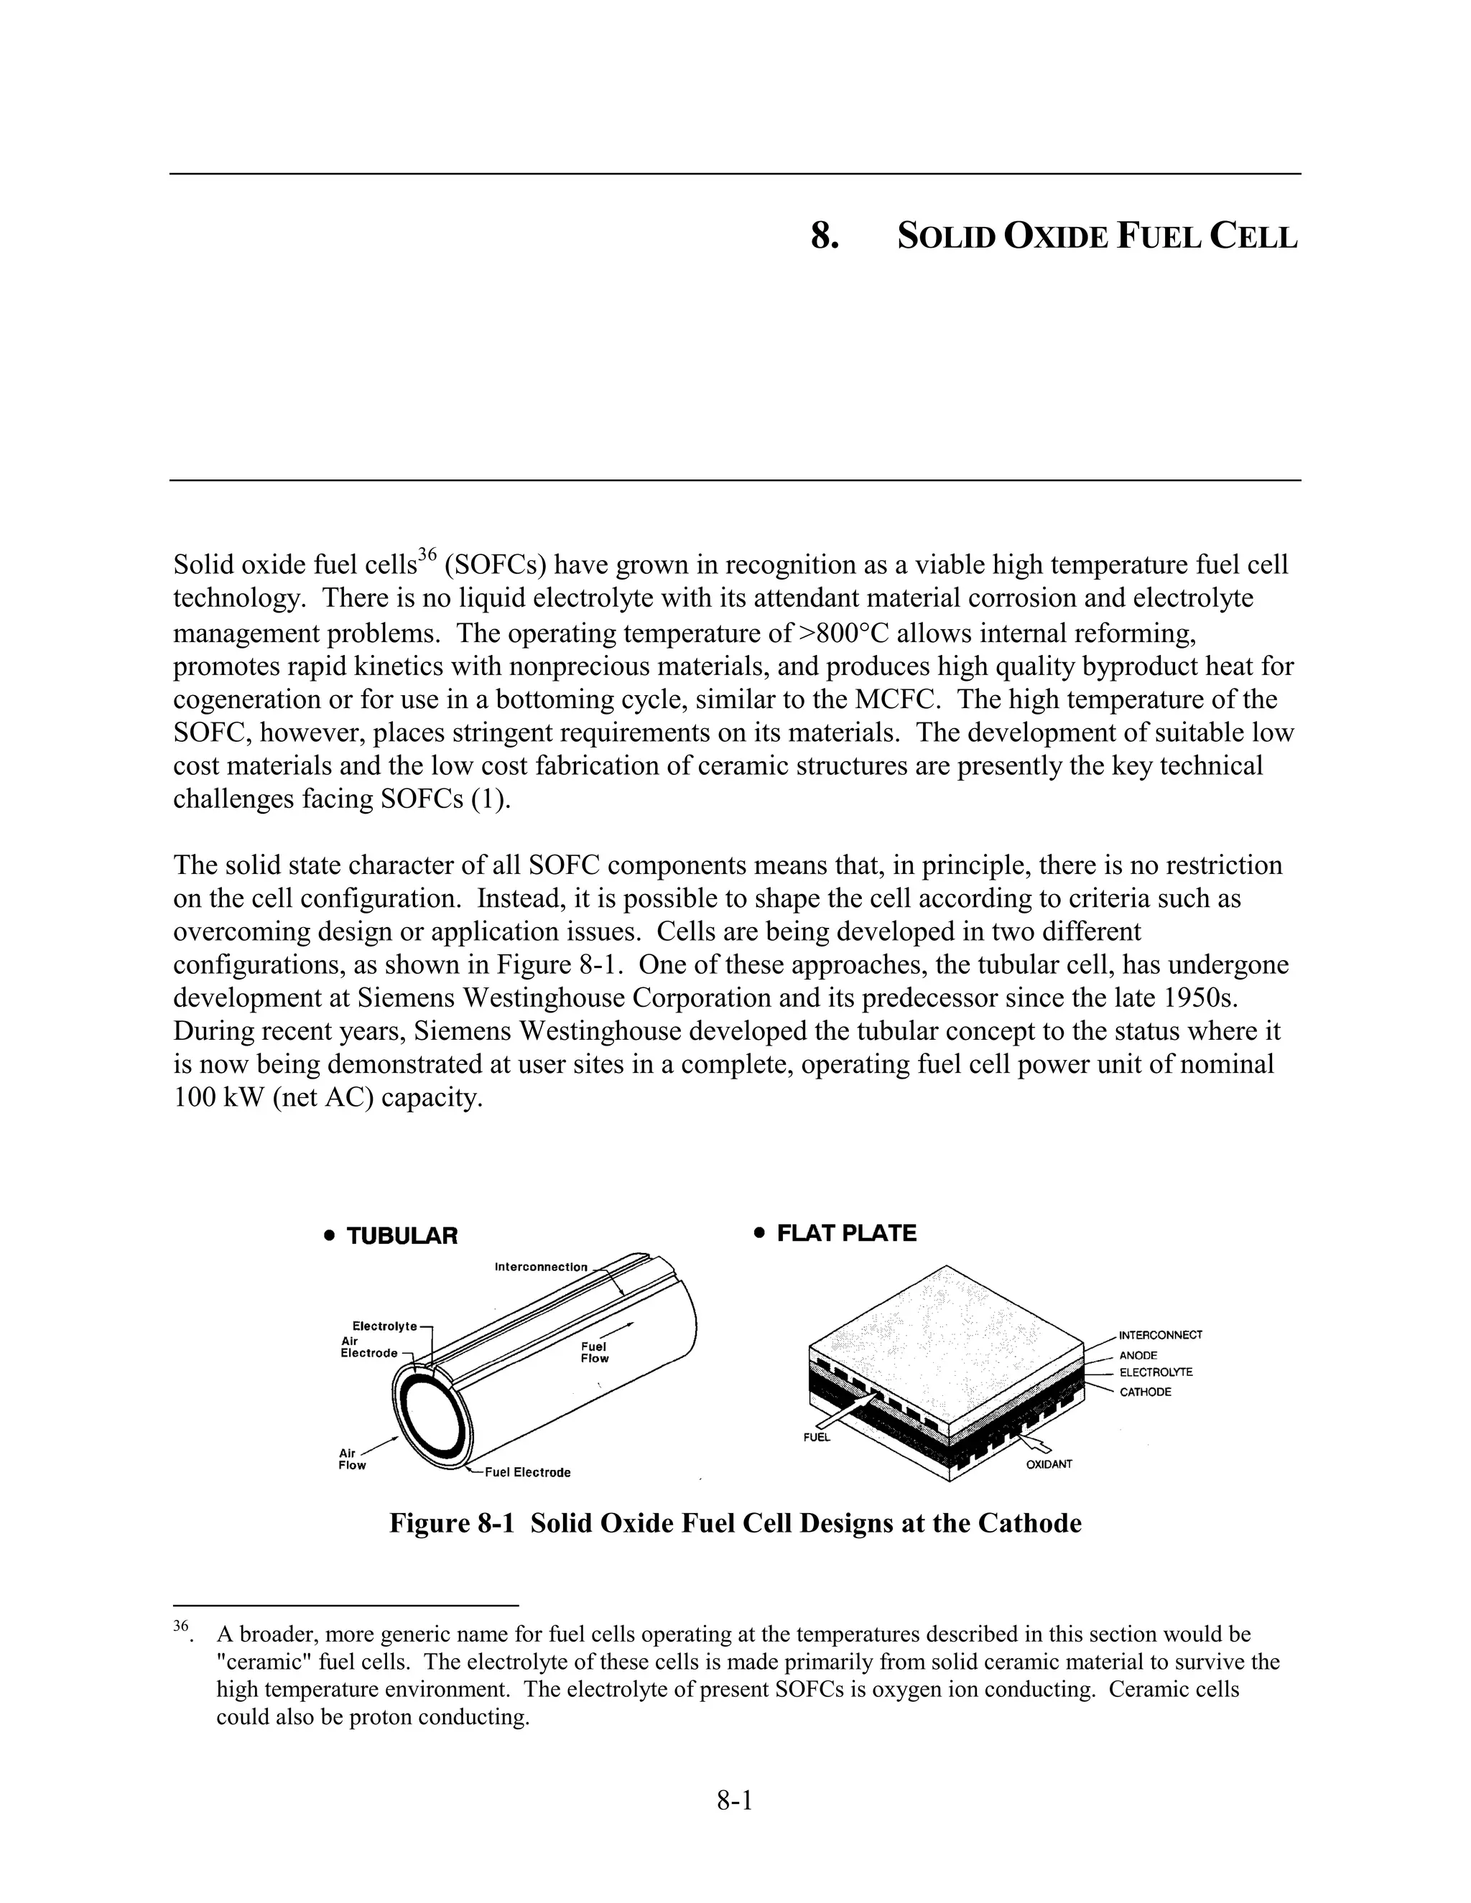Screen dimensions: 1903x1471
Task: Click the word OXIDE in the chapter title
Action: (x=1055, y=237)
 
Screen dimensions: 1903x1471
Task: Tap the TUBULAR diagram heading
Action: (x=402, y=1236)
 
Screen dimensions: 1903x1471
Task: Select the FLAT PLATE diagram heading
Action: (x=845, y=1233)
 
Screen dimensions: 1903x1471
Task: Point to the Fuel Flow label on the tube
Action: (x=594, y=1352)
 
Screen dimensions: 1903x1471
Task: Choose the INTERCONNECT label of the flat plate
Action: (x=1160, y=1335)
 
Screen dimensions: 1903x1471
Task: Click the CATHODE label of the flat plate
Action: (x=1144, y=1392)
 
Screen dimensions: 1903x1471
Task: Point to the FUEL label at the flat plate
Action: (x=817, y=1437)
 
